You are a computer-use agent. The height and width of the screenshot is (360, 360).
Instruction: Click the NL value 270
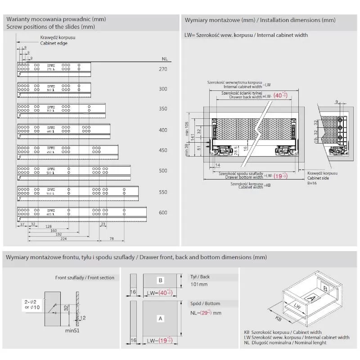pyautogui.click(x=163, y=69)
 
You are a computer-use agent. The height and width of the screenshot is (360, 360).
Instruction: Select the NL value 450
pyautogui.click(x=163, y=150)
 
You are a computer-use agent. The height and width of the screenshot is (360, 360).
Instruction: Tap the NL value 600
pyautogui.click(x=163, y=212)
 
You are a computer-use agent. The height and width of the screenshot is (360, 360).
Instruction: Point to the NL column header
pyautogui.click(x=165, y=59)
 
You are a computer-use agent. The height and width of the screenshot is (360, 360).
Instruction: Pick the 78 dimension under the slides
pyautogui.click(x=111, y=239)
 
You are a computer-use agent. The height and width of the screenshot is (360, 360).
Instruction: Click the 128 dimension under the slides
pyautogui.click(x=48, y=226)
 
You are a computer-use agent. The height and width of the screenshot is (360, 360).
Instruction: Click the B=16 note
pyautogui.click(x=312, y=183)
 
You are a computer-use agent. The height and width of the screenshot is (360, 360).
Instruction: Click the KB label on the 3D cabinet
pyautogui.click(x=278, y=319)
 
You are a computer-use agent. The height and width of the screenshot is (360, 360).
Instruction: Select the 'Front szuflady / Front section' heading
pyautogui.click(x=85, y=278)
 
